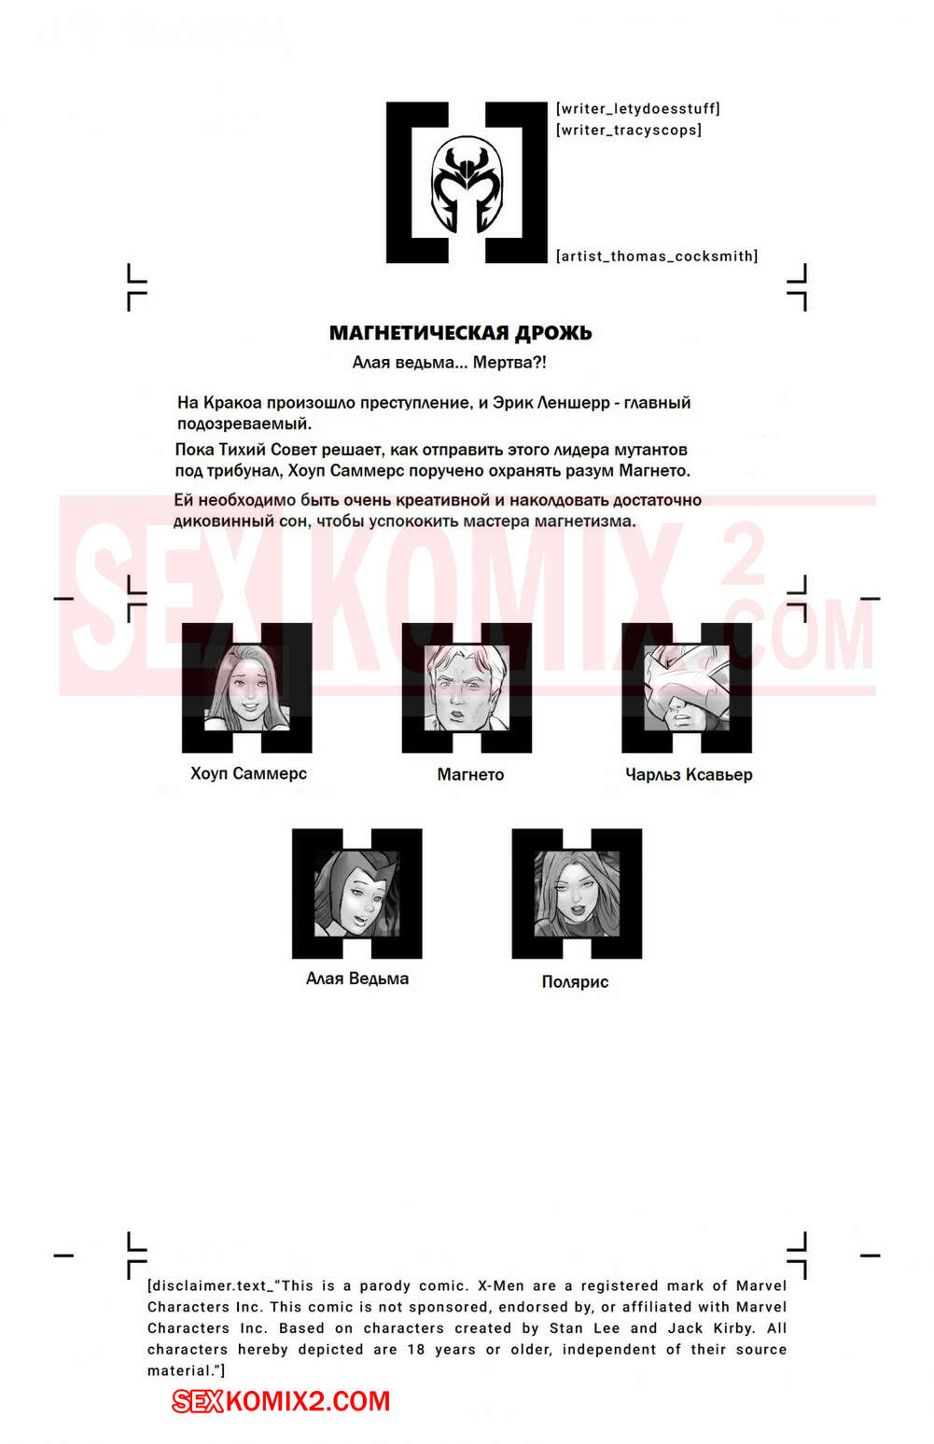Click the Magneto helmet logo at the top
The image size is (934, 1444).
(x=467, y=183)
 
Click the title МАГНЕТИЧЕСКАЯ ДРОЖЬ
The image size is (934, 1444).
(x=460, y=333)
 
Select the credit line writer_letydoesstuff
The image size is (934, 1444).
(x=637, y=109)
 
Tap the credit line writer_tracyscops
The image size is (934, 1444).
(x=628, y=131)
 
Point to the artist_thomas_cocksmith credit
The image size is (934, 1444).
(x=656, y=257)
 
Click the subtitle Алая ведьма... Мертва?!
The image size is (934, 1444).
(x=449, y=363)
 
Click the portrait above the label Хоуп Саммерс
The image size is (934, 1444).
(x=246, y=687)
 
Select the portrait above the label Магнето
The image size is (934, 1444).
(x=467, y=687)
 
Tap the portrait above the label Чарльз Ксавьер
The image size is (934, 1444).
(x=687, y=687)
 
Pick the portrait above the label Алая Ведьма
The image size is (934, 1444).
(x=356, y=893)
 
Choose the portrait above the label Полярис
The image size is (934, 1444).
(x=577, y=893)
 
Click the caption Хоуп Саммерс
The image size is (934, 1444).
(x=248, y=773)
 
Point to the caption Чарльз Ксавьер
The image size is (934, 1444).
(x=689, y=774)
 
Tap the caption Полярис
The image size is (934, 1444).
(x=575, y=981)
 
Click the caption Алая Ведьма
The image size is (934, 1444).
(x=357, y=979)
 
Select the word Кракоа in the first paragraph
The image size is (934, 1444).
(x=232, y=403)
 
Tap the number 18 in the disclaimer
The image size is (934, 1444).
(x=416, y=1350)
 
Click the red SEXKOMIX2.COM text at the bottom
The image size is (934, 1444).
(x=281, y=1401)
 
